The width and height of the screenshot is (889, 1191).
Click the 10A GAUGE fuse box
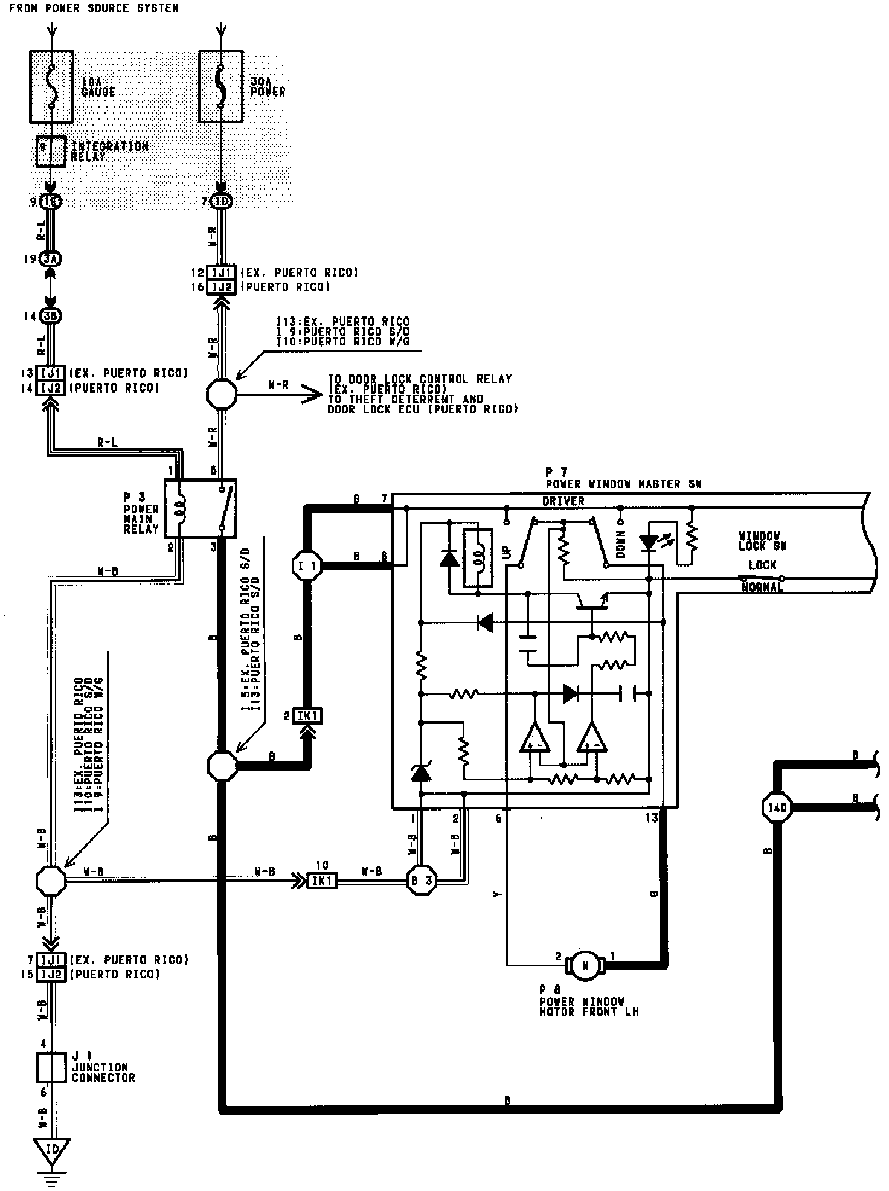(52, 86)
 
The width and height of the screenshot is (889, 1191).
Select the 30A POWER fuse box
(221, 86)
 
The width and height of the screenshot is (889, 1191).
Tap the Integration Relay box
(51, 152)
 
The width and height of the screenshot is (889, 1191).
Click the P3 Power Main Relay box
(200, 509)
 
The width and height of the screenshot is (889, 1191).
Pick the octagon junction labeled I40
(777, 807)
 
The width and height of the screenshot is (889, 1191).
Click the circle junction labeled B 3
(421, 881)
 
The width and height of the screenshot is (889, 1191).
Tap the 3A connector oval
(51, 259)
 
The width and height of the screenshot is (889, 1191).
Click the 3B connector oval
(51, 316)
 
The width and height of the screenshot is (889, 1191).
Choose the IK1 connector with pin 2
(308, 716)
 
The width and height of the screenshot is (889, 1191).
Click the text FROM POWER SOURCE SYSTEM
(94, 8)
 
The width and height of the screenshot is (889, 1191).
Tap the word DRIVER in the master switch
(563, 501)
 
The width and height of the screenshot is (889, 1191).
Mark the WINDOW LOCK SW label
(763, 541)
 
